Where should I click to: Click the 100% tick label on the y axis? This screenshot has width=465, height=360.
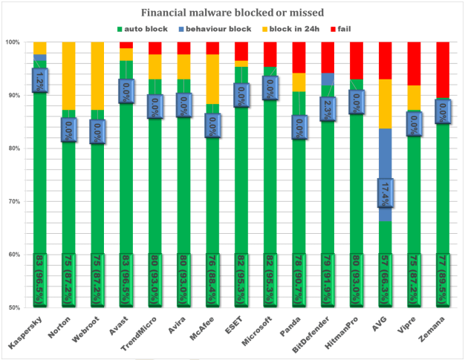14,42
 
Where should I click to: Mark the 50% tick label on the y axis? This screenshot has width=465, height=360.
16,307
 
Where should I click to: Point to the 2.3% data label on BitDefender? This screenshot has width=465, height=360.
328,108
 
